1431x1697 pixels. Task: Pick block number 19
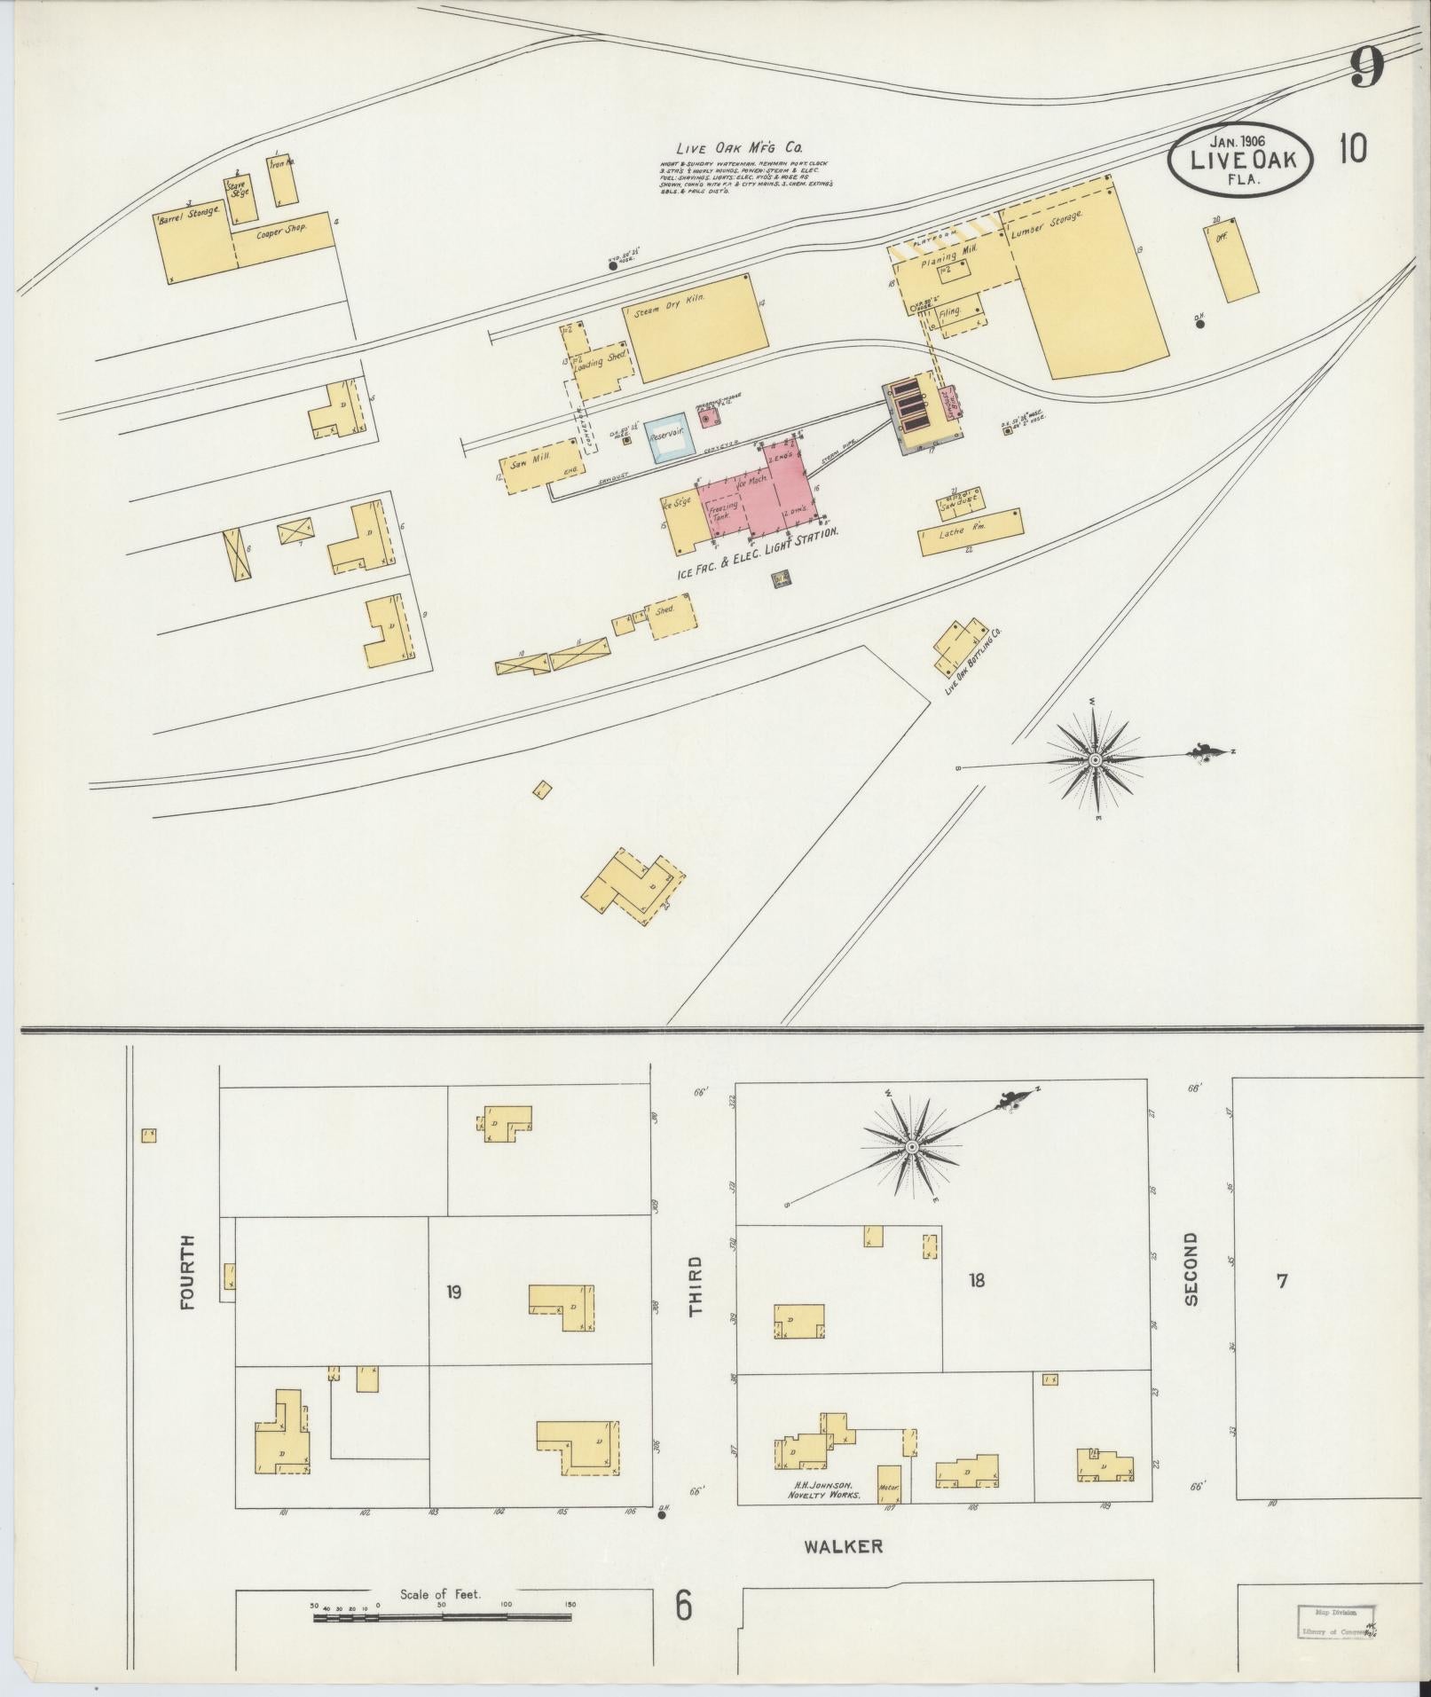click(x=453, y=1292)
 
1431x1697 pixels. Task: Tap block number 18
click(x=977, y=1280)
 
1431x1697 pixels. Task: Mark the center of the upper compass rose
click(x=1096, y=760)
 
